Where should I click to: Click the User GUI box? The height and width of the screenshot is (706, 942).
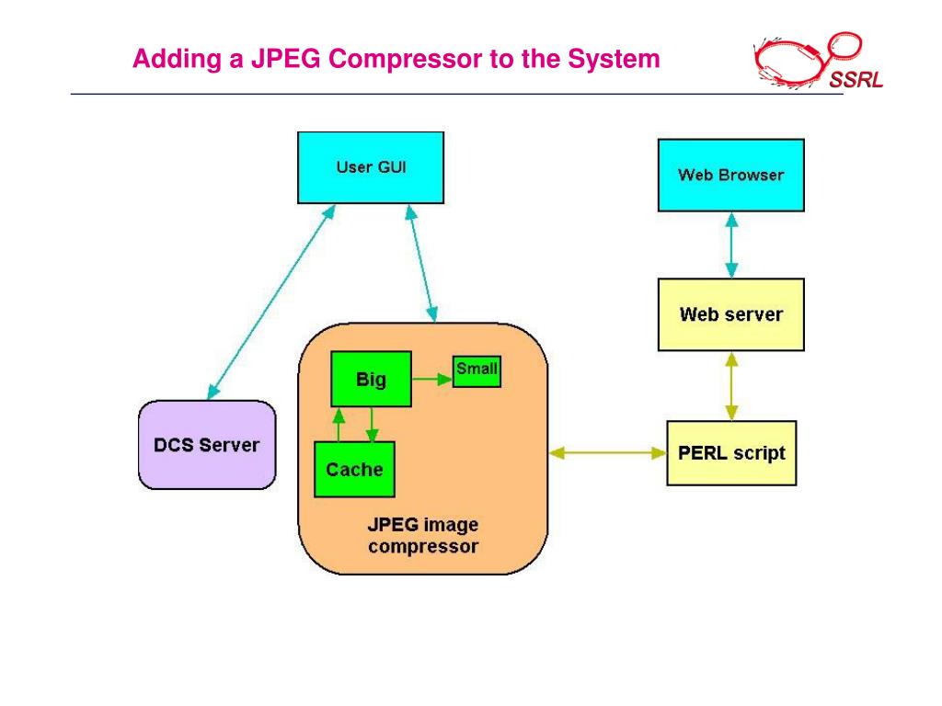click(371, 167)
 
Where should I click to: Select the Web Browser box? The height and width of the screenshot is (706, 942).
click(731, 175)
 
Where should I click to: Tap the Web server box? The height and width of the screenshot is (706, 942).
click(731, 314)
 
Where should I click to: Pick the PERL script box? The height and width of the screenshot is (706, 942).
click(731, 453)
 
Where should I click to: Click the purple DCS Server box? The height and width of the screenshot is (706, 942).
click(207, 445)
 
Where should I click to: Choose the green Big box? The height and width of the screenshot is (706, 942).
click(371, 379)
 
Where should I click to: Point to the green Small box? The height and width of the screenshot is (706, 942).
click(477, 370)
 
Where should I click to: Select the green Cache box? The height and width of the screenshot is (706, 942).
click(354, 469)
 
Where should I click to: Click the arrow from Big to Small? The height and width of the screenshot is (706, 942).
click(431, 377)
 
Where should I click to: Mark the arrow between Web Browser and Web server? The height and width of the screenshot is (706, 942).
click(731, 245)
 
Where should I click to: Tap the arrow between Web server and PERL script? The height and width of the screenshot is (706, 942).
click(731, 385)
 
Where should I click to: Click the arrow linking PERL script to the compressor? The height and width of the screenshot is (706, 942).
click(607, 452)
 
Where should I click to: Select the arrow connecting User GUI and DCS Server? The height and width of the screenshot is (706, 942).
click(270, 302)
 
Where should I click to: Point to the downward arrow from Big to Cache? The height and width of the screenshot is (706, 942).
click(371, 425)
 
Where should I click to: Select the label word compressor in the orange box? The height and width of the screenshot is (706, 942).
click(423, 547)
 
